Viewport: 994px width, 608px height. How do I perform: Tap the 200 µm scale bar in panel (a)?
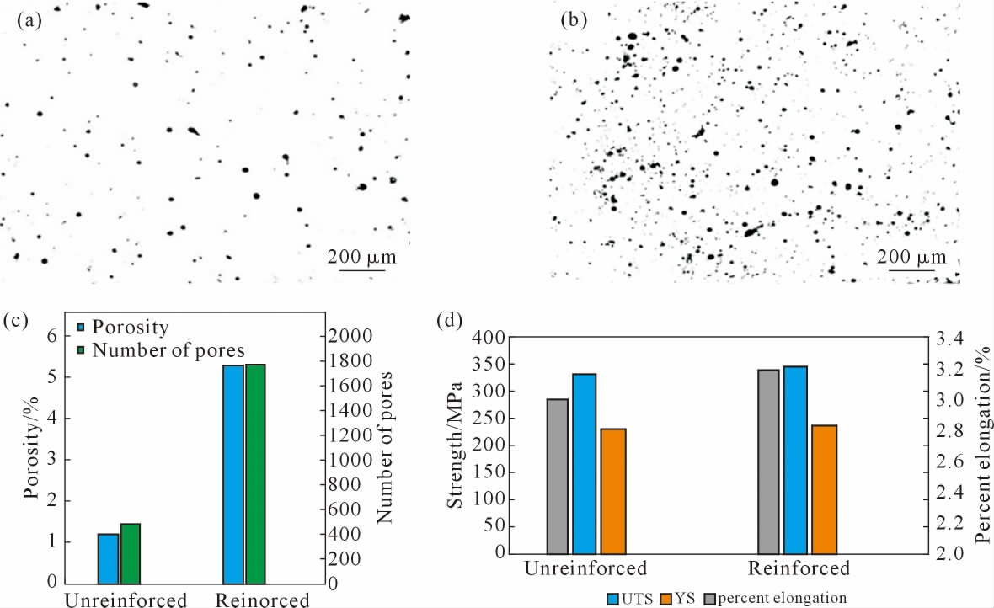[x=362, y=269]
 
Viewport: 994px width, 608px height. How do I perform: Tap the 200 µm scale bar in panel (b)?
[x=911, y=271]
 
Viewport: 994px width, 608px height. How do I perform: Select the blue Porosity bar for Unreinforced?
[x=108, y=557]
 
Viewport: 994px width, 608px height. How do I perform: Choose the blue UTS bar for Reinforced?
[x=795, y=460]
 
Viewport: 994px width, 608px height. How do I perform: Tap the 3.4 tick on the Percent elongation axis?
[x=948, y=339]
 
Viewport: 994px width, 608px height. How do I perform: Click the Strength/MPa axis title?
[x=455, y=445]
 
